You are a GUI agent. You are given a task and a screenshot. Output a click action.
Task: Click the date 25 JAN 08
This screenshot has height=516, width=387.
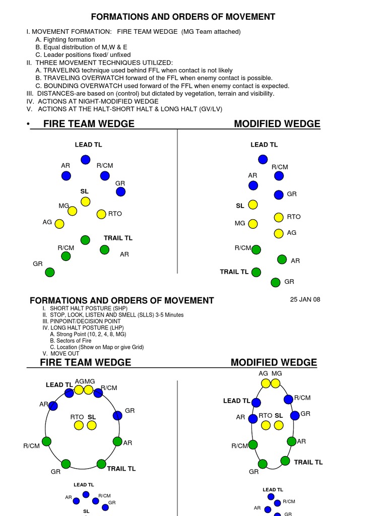(x=305, y=299)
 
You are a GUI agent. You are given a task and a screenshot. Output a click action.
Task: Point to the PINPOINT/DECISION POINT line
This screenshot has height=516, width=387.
(x=85, y=321)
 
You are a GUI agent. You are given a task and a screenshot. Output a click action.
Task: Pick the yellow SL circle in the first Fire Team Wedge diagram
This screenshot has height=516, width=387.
(x=86, y=202)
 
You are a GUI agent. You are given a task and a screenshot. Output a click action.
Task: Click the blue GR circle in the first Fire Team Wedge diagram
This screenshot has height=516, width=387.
(x=120, y=191)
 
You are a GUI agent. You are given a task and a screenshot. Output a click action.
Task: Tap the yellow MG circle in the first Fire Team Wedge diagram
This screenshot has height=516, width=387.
(x=73, y=211)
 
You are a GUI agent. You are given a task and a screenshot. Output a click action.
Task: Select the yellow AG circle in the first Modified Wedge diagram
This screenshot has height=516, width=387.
(x=279, y=233)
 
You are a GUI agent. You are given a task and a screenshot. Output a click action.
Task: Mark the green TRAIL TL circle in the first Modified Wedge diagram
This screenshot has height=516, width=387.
(x=256, y=272)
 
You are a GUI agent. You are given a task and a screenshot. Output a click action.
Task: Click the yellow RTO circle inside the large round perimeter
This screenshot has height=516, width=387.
(x=79, y=425)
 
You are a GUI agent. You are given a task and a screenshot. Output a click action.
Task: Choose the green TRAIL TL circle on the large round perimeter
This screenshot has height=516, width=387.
(x=101, y=464)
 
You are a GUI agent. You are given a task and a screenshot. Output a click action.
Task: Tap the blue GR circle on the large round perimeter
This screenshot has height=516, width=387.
(x=117, y=416)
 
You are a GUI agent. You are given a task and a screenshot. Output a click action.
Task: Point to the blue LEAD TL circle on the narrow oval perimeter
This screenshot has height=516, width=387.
(x=256, y=403)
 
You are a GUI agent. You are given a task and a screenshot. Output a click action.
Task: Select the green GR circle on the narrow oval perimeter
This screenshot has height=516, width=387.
(x=263, y=464)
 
